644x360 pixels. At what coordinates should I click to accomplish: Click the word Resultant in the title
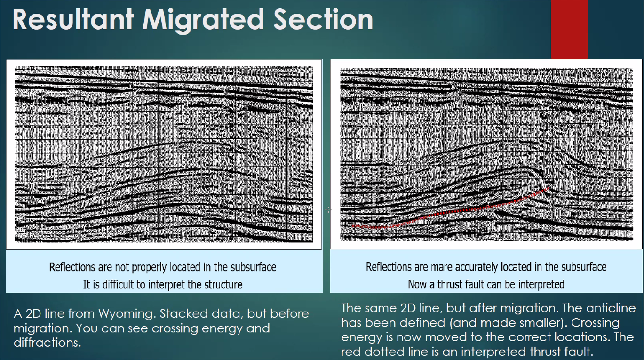point(73,19)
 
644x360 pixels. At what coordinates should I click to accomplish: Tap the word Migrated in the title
point(203,21)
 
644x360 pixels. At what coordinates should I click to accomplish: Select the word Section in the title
point(323,19)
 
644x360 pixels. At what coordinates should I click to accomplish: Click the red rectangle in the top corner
point(569,29)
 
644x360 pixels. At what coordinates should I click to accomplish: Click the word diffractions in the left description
point(47,343)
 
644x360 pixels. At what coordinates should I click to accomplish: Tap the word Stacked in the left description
point(183,313)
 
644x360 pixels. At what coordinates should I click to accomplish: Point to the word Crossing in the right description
point(595,323)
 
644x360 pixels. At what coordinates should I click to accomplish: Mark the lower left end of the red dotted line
point(353,226)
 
